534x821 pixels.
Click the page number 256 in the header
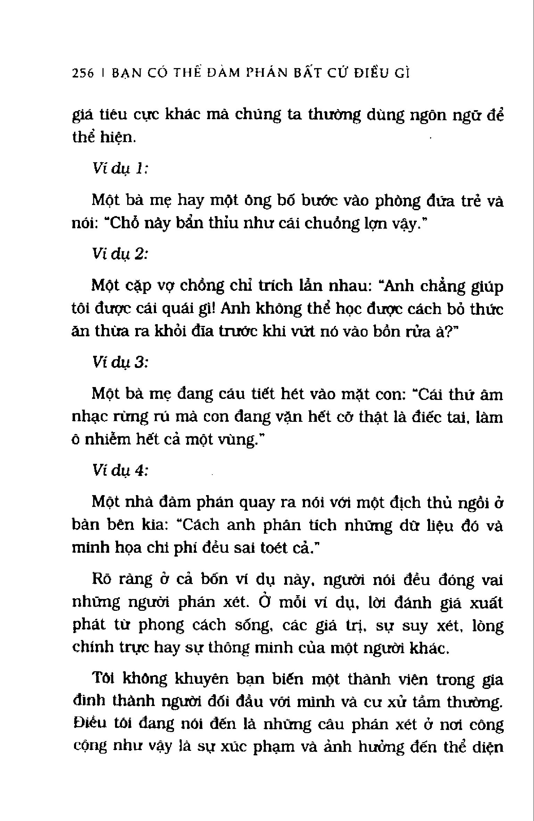click(x=83, y=74)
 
